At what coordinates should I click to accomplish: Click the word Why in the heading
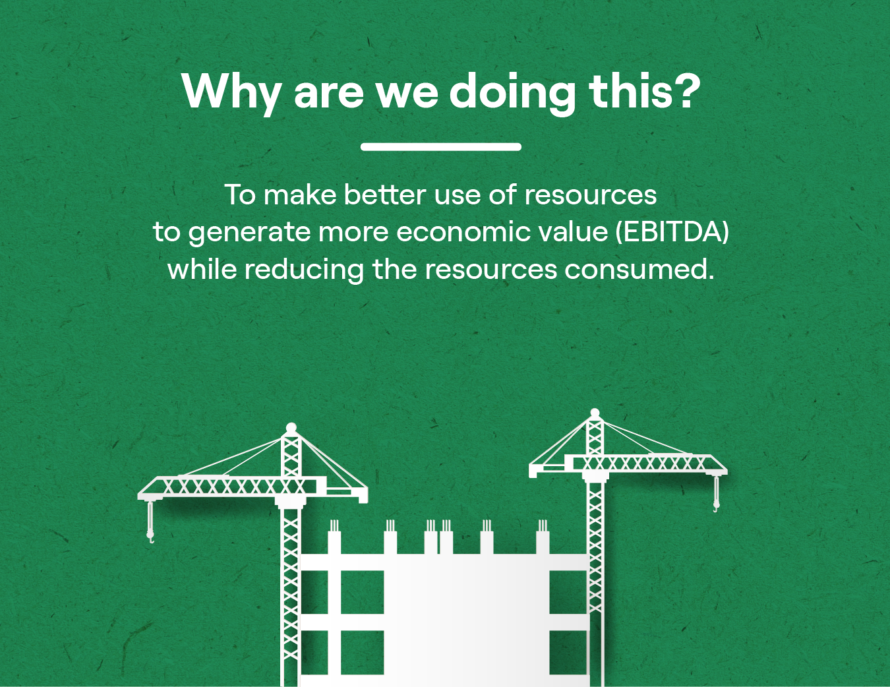tap(231, 92)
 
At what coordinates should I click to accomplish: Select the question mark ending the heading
tap(685, 90)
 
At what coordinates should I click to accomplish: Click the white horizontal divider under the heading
tap(440, 146)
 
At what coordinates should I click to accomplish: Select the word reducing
tap(304, 270)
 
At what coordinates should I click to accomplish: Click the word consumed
tap(639, 270)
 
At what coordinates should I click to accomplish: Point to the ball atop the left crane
tap(291, 428)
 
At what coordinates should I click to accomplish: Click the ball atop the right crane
tap(595, 413)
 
